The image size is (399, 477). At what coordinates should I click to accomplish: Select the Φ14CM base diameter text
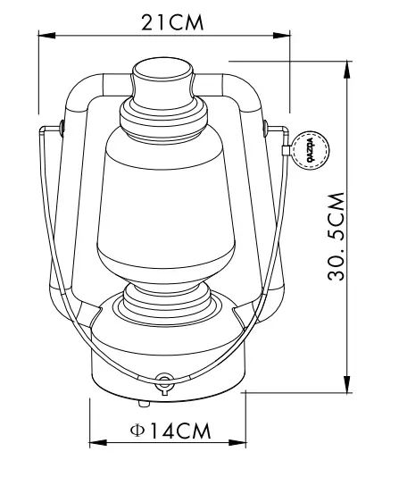pos(170,430)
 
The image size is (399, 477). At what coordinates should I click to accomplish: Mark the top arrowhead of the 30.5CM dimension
pos(346,63)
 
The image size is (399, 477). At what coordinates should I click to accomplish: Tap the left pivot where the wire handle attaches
pos(60,125)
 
